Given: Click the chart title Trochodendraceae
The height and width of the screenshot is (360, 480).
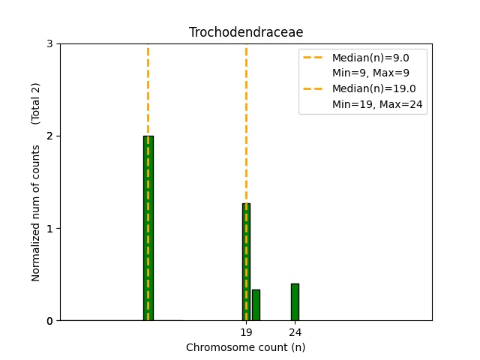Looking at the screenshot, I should point(246,32).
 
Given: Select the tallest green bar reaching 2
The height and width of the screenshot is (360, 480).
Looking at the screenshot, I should point(148,228).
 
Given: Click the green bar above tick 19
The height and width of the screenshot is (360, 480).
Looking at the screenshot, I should point(246,262).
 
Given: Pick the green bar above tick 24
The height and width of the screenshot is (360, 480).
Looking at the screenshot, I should point(295,302).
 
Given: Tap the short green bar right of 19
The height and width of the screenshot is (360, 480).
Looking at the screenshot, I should point(256,305).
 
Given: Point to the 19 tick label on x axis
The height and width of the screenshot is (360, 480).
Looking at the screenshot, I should point(246,332).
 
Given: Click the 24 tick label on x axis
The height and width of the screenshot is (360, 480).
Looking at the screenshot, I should point(295,332).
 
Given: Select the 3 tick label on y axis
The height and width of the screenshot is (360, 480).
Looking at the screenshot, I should point(49,43).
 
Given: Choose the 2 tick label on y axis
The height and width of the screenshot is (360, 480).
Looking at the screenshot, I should point(49,136).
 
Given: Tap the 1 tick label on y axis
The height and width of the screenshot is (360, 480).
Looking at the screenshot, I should point(49,228).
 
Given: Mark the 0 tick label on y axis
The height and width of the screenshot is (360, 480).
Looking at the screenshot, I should point(49,320).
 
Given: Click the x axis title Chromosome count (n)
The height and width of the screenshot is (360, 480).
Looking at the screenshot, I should point(246,347).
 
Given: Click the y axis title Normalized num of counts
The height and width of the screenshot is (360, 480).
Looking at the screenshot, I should point(36,213).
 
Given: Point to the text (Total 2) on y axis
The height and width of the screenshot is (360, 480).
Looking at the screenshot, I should point(36,103).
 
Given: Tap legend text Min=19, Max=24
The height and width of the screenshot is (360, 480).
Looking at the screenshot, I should point(378,104).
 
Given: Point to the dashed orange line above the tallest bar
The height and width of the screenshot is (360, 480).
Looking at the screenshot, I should point(148,90).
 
